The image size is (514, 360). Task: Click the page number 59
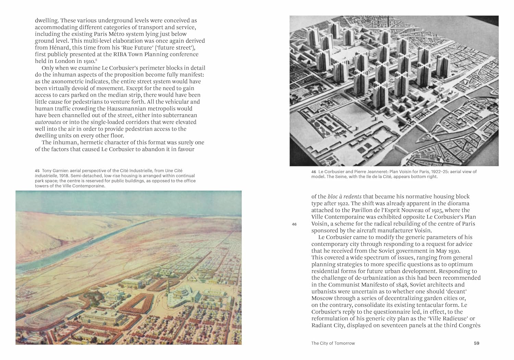pos(476,343)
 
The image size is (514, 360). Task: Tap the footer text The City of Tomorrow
pos(333,343)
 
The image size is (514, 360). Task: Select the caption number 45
pos(37,171)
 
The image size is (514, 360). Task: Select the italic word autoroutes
pos(48,122)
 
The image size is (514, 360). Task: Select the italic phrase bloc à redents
pos(344,197)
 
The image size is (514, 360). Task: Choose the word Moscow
pos(322,298)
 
